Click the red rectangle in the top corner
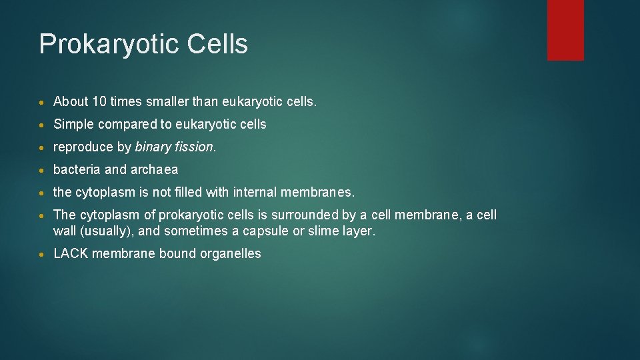[x=565, y=30]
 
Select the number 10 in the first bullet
[x=100, y=102]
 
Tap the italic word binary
[x=153, y=147]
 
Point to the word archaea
[x=155, y=170]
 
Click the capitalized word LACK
[x=71, y=254]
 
